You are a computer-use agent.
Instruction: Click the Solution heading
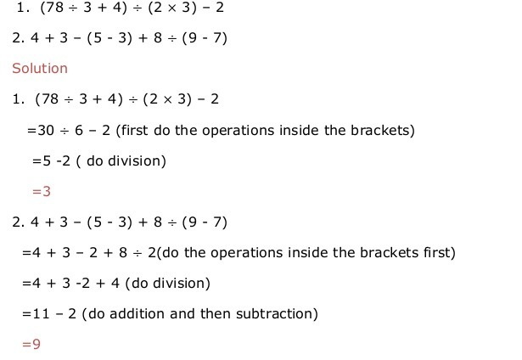click(40, 68)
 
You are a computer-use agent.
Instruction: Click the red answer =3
click(42, 192)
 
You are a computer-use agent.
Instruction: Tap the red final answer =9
click(31, 344)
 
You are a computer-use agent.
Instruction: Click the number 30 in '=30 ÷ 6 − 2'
click(46, 130)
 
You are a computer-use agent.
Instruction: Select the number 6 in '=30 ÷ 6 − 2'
click(79, 130)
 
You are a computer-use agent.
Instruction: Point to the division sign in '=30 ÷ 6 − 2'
click(65, 131)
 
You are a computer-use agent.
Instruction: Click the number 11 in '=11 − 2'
click(41, 313)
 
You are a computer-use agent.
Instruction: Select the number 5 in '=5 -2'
click(47, 160)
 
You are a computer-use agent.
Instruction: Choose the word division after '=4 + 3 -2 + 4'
click(179, 283)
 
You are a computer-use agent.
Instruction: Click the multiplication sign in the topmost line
click(171, 8)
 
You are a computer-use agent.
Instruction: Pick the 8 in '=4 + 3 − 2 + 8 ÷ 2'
click(123, 252)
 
